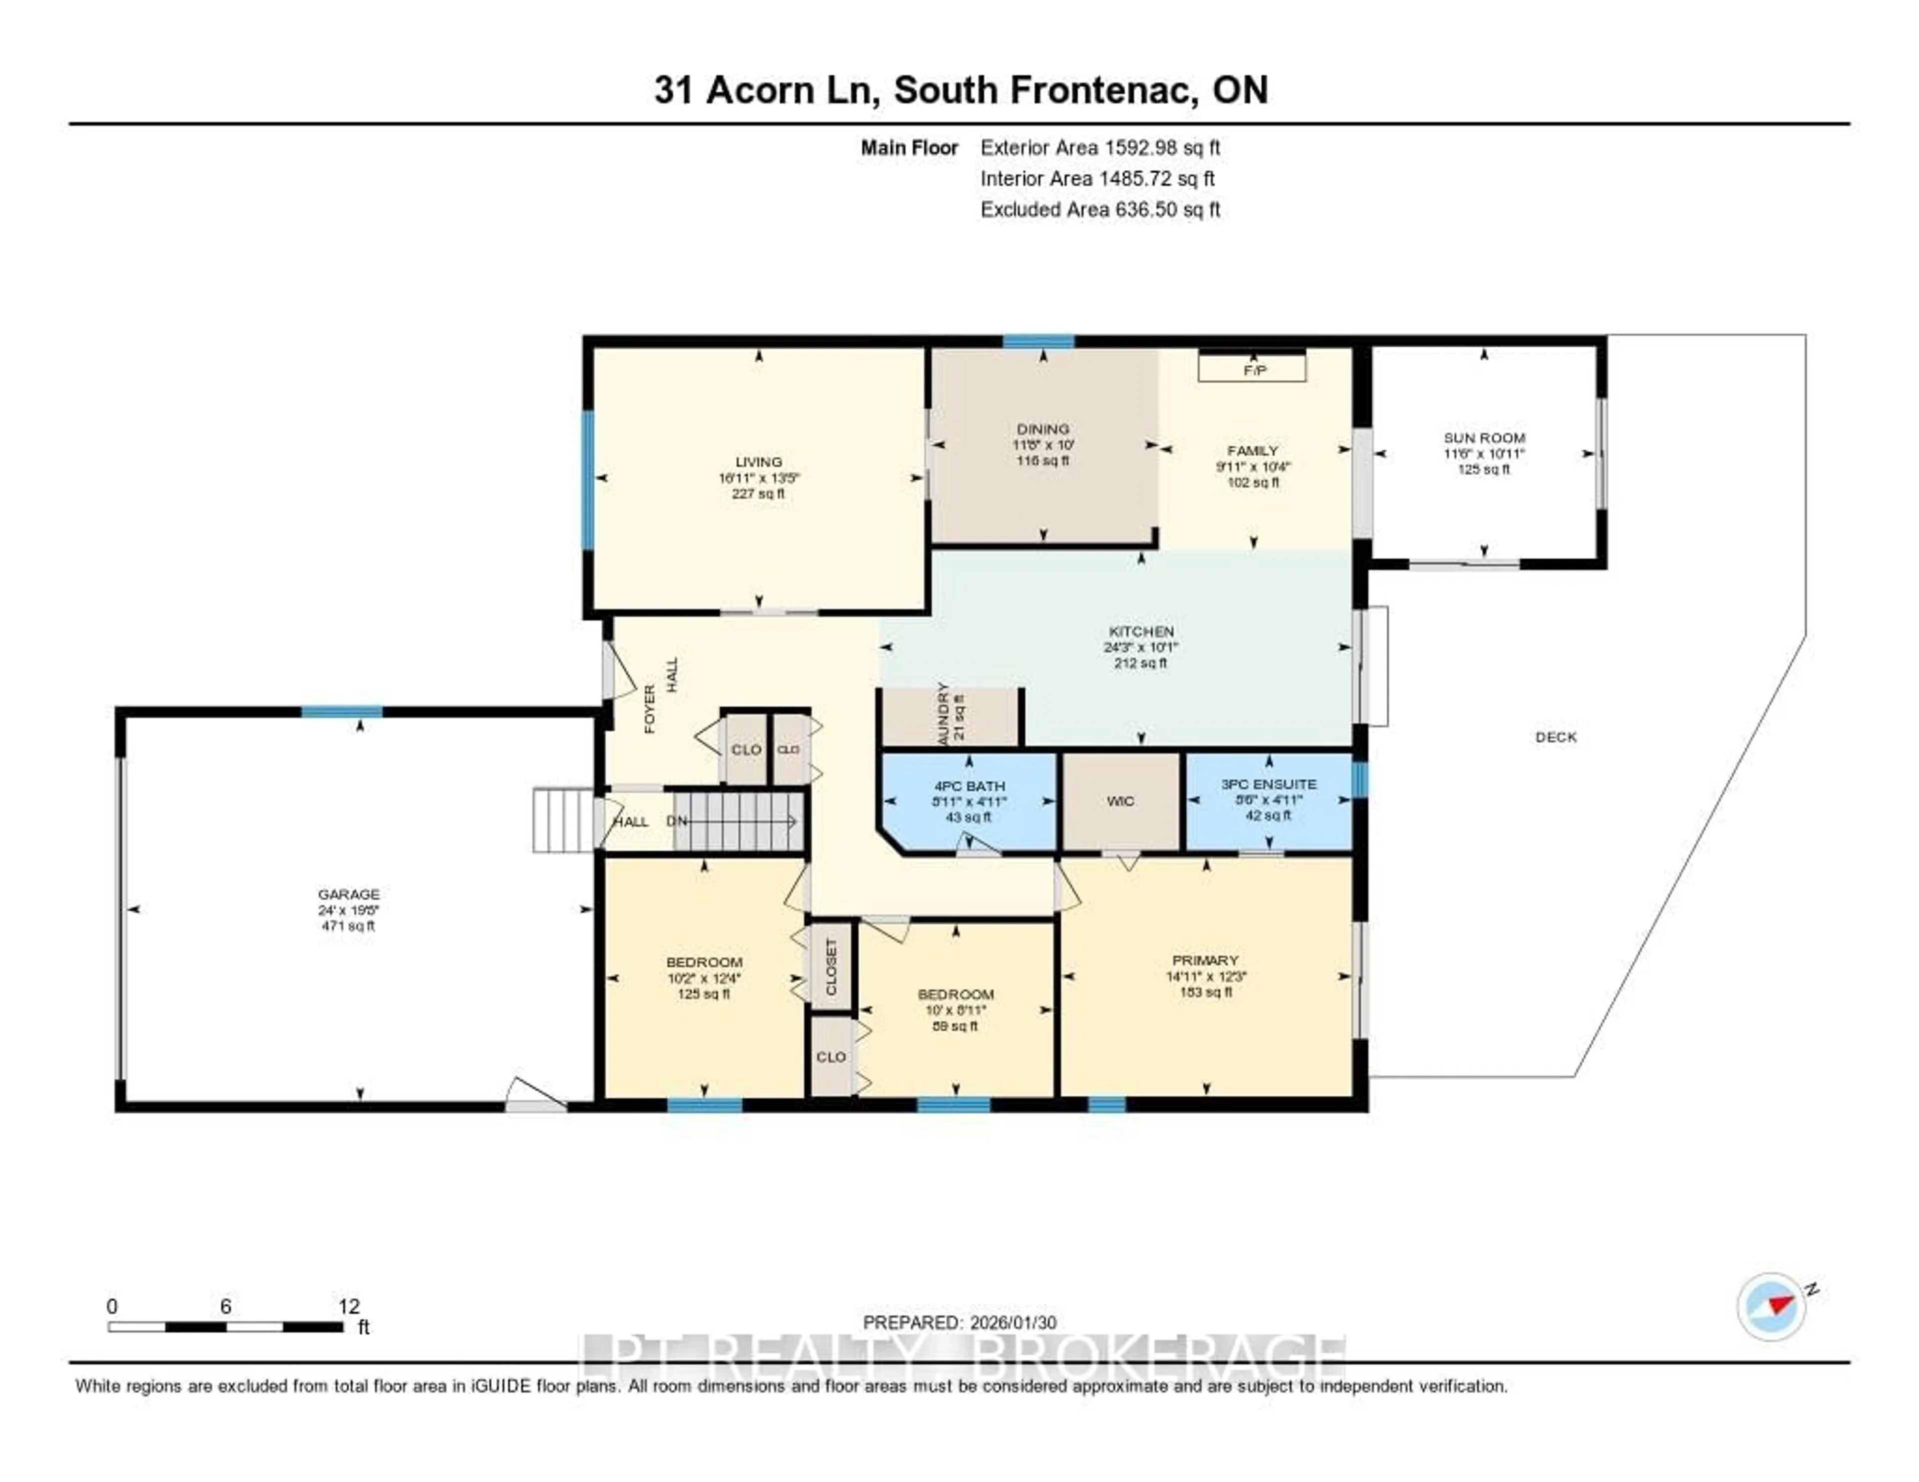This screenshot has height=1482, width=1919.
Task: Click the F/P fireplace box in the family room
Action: pyautogui.click(x=1252, y=369)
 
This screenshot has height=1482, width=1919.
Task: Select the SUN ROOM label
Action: pyautogui.click(x=1484, y=438)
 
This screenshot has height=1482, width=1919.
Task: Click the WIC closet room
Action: pyautogui.click(x=1120, y=801)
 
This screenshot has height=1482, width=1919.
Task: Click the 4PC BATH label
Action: pyautogui.click(x=968, y=786)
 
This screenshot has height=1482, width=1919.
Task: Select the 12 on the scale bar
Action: pyautogui.click(x=349, y=1306)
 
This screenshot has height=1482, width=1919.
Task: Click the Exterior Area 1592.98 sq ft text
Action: pyautogui.click(x=1100, y=147)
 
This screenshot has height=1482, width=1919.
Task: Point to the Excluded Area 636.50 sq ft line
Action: pyautogui.click(x=1100, y=209)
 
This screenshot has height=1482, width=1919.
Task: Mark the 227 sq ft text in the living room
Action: pyautogui.click(x=758, y=494)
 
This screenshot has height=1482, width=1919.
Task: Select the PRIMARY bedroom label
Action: pyautogui.click(x=1205, y=960)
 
